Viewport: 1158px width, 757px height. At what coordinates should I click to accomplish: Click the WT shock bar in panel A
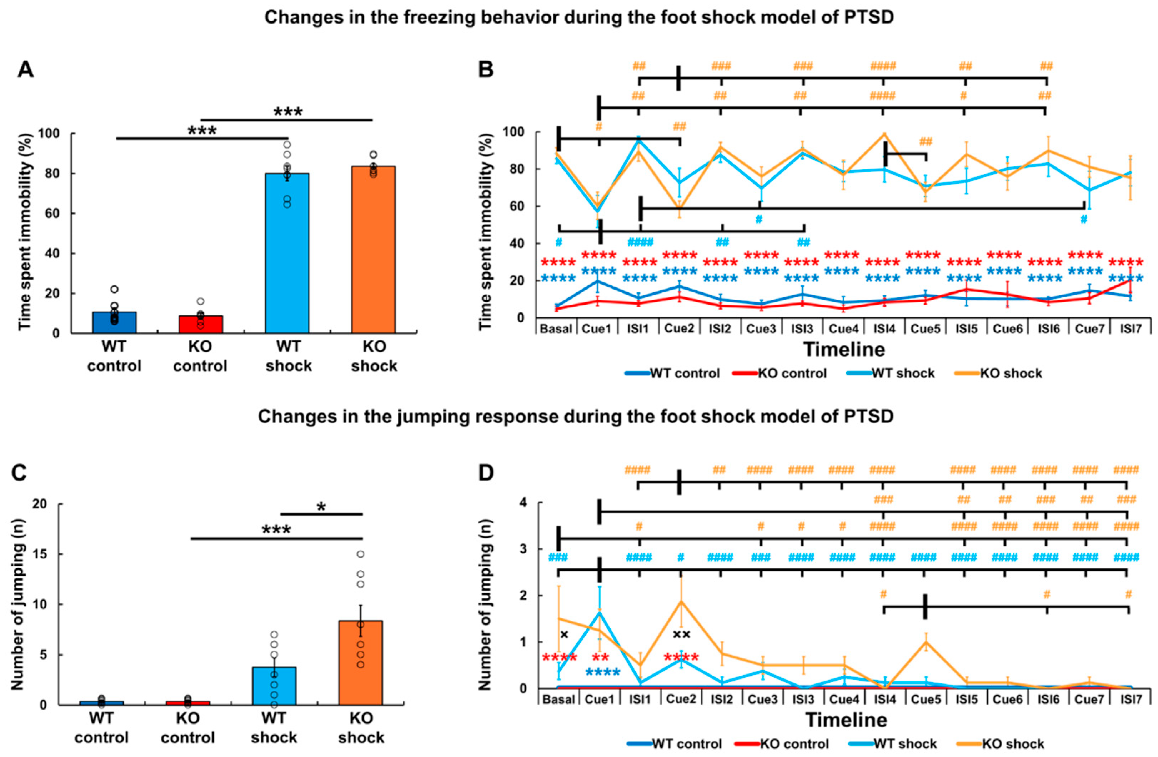pyautogui.click(x=287, y=253)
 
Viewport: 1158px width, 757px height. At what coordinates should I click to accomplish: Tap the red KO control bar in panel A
pyautogui.click(x=200, y=325)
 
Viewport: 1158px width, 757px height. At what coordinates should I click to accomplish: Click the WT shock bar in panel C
pyautogui.click(x=274, y=686)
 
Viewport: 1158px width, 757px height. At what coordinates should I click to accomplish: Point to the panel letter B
pyautogui.click(x=486, y=70)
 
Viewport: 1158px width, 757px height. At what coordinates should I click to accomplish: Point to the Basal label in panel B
pyautogui.click(x=556, y=329)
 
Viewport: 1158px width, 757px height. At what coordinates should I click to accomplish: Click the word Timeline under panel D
pyautogui.click(x=846, y=720)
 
